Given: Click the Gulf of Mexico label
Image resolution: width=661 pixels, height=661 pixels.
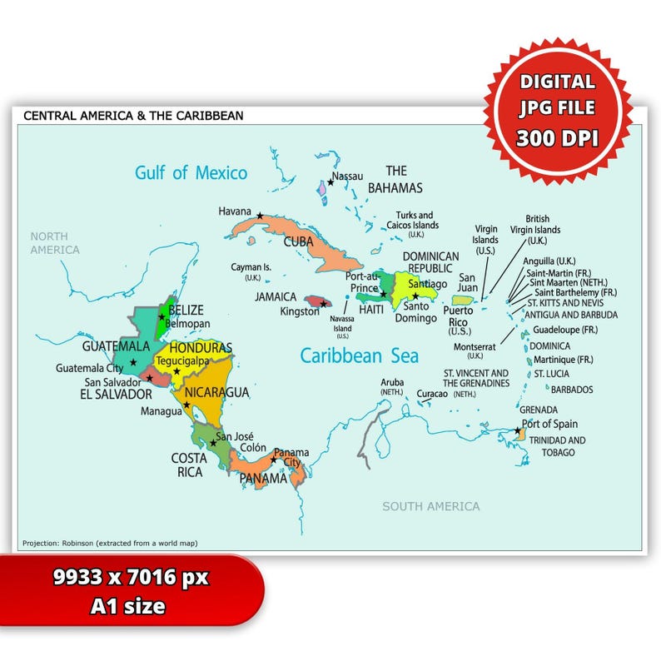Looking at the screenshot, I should point(191,173).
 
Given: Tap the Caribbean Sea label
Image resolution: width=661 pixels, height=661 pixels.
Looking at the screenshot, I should point(359,355).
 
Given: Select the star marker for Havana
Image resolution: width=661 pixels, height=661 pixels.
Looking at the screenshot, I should point(260,216).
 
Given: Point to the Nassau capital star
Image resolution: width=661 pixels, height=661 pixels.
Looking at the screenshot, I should point(330,181).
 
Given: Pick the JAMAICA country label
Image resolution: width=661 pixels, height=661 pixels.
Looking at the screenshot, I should point(276,296).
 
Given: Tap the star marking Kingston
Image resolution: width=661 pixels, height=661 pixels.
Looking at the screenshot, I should point(324,305).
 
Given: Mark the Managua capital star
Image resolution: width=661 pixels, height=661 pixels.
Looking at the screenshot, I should point(186,405).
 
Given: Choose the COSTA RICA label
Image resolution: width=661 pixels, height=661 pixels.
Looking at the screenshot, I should point(188,465).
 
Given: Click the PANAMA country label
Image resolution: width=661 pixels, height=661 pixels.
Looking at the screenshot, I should point(263,479).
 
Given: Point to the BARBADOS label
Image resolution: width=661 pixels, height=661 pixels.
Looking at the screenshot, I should point(572,389).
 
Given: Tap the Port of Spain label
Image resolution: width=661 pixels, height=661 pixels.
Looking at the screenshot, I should point(549,424).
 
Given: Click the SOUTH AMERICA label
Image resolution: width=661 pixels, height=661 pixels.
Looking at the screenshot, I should point(430,506).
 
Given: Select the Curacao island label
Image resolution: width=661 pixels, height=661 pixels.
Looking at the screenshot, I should point(432,393).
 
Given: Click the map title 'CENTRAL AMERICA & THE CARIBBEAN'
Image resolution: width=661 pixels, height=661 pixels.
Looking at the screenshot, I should point(133,116).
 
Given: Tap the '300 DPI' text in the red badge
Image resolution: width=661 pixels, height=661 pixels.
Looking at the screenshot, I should point(557,138).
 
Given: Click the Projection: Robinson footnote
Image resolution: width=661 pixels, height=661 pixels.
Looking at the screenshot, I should point(110,543).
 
